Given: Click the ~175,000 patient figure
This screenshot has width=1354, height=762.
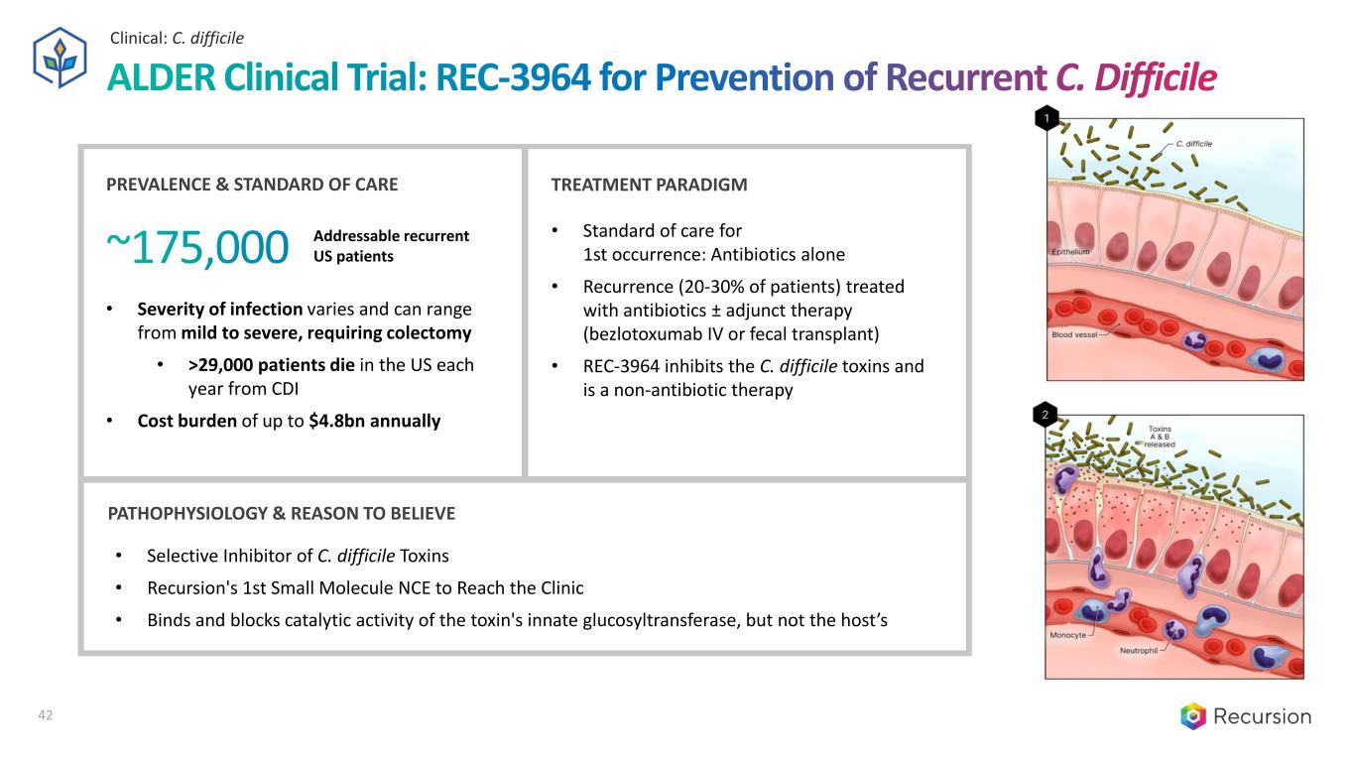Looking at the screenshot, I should point(196,247).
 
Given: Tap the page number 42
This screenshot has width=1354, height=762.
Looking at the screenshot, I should point(45,714).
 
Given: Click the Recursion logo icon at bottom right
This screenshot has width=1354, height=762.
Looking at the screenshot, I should point(1192,715).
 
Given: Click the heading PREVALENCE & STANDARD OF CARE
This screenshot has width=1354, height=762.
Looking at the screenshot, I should point(252,185).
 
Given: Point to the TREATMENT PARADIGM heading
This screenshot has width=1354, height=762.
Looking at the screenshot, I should point(649,185).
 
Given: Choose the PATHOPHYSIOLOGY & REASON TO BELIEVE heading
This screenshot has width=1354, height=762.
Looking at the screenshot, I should point(281,513).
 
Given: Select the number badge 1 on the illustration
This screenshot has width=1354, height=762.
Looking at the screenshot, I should point(1045,120).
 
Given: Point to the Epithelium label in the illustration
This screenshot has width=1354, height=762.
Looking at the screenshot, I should point(1071,252).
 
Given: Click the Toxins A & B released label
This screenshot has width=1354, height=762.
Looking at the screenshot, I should point(1159,437).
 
